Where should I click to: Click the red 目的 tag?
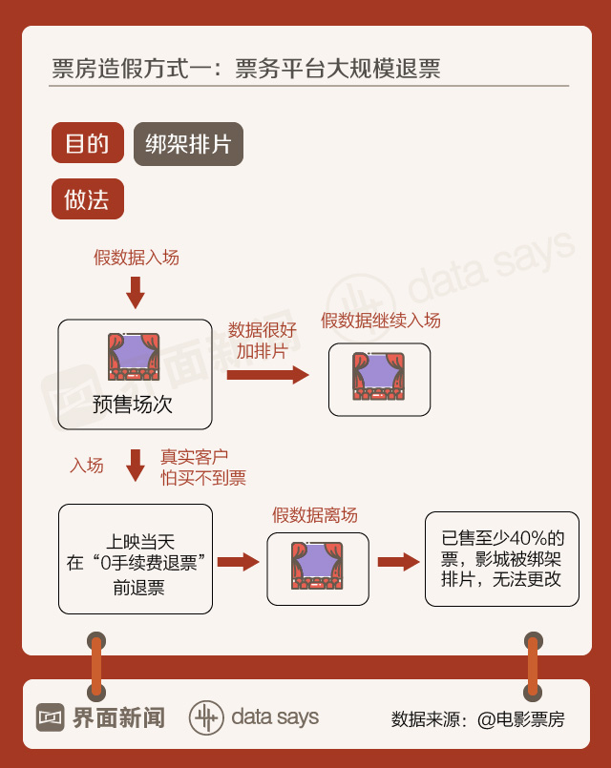pos(87,144)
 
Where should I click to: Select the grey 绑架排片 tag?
pos(188,144)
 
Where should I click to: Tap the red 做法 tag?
pos(87,199)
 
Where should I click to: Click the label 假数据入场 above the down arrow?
pos(136,258)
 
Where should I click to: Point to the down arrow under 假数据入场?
pos(136,292)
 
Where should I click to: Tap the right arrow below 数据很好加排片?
pos(267,375)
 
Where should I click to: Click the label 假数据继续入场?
pos(380,321)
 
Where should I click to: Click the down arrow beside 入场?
pos(136,465)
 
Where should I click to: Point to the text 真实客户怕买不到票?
pos(203,467)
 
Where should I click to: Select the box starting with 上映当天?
pos(136,559)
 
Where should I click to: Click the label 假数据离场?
pos(315,515)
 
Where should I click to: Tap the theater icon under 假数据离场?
pos(317,565)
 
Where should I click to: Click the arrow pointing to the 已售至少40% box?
pos(398,561)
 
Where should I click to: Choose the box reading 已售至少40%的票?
pos(501,559)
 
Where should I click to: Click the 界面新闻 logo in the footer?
pos(100,717)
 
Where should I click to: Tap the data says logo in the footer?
pos(254,717)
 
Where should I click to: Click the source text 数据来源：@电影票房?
pos(477,719)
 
